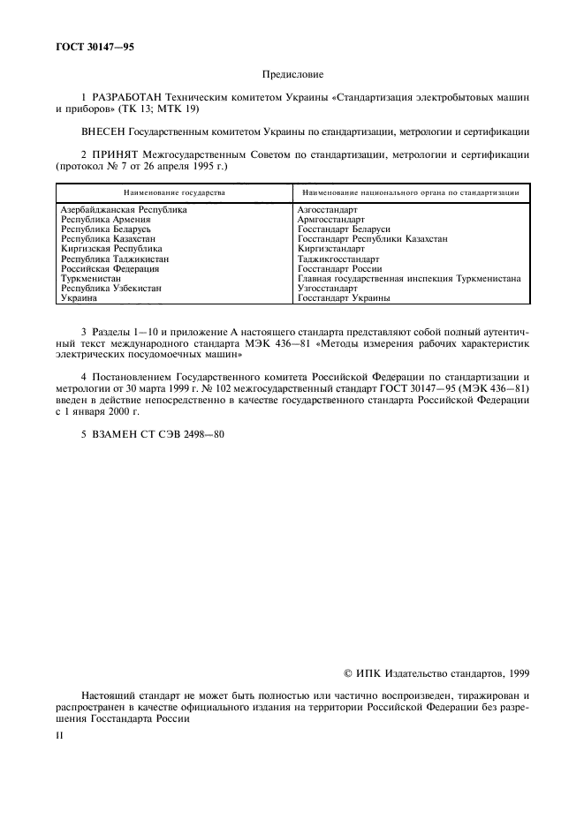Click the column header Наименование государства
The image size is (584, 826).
[x=174, y=191]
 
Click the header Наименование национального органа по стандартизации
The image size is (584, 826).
[x=409, y=191]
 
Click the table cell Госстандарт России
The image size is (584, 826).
[x=340, y=269]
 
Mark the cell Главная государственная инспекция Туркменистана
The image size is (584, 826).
[x=409, y=279]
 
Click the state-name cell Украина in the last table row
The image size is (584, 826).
[x=78, y=298]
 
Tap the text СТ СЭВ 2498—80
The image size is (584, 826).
[x=186, y=433]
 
